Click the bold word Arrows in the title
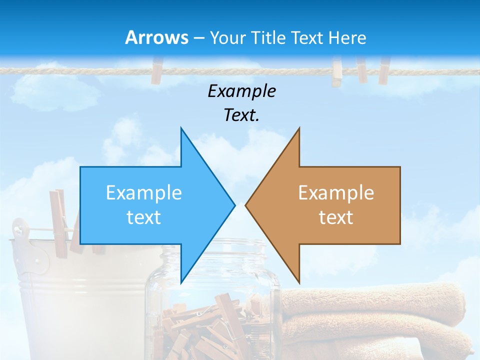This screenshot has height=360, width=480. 156,37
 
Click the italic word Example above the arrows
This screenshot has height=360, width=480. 241,91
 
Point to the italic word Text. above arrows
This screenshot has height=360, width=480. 241,115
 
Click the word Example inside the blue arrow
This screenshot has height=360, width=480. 143,192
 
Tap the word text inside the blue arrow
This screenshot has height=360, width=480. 143,217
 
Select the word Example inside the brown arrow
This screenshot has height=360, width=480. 336,192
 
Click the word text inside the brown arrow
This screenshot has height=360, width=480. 336,217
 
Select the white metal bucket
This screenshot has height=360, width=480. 75,300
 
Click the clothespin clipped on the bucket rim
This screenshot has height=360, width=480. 60,220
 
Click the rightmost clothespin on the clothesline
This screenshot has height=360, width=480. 383,70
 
